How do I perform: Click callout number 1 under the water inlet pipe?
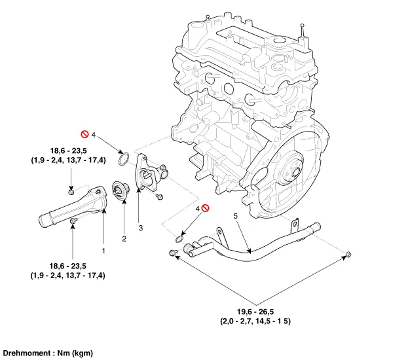(x=102, y=249)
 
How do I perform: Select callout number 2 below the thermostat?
(x=124, y=238)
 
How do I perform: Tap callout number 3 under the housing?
(x=140, y=228)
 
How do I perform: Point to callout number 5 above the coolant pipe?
(x=235, y=215)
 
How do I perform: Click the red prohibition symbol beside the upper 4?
(x=84, y=134)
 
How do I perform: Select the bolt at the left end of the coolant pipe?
(x=173, y=253)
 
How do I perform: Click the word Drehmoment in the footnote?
(x=24, y=353)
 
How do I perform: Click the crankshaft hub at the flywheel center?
(x=289, y=173)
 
